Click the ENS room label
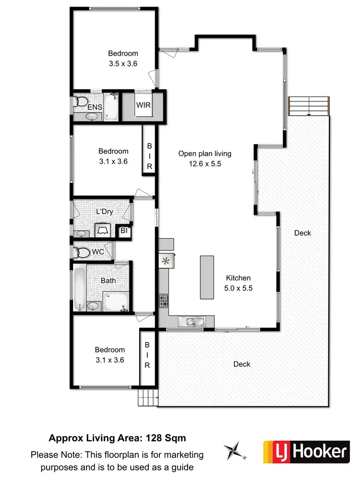(x=95, y=107)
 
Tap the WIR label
(x=144, y=105)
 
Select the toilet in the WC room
(x=83, y=252)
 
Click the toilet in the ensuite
(x=81, y=102)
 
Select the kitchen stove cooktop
(x=164, y=300)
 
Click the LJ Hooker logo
(x=305, y=452)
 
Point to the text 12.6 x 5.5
(x=205, y=164)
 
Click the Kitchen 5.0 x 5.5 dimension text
(x=239, y=288)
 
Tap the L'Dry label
(x=104, y=212)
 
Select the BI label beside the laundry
(x=124, y=231)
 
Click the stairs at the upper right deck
(x=309, y=106)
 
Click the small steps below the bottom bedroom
(x=148, y=397)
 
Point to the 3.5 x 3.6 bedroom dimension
(x=123, y=63)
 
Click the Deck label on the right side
(x=302, y=233)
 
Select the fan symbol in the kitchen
(x=166, y=261)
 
